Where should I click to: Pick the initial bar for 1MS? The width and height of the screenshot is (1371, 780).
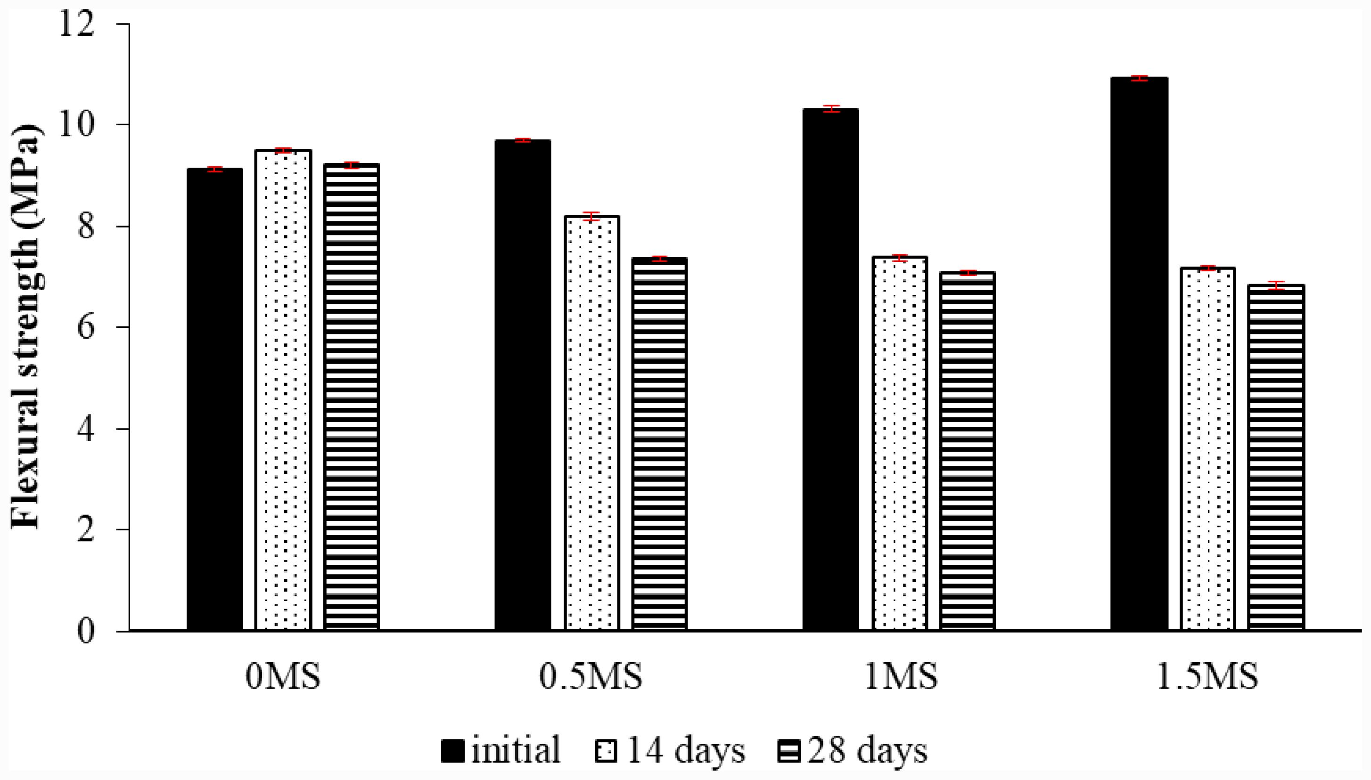830,370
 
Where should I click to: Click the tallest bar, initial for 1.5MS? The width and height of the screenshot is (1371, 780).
1139,354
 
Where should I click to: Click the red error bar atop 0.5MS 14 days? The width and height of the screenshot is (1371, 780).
591,216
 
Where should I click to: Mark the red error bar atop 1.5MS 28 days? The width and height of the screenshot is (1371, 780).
1277,285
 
